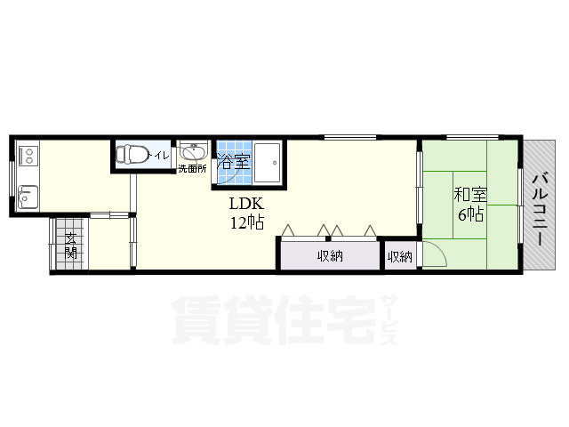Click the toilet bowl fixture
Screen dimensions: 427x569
point(133,155)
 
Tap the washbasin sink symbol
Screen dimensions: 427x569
point(192,151)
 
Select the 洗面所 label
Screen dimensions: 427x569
point(191,168)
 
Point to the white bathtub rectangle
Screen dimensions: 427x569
point(267,160)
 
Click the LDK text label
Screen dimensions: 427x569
point(247,202)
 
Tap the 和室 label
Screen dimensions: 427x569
point(469,193)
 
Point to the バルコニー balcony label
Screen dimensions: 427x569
point(539,207)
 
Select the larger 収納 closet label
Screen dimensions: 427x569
point(331,256)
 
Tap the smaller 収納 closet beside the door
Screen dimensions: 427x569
point(400,256)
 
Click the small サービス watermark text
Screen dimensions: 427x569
point(389,316)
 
